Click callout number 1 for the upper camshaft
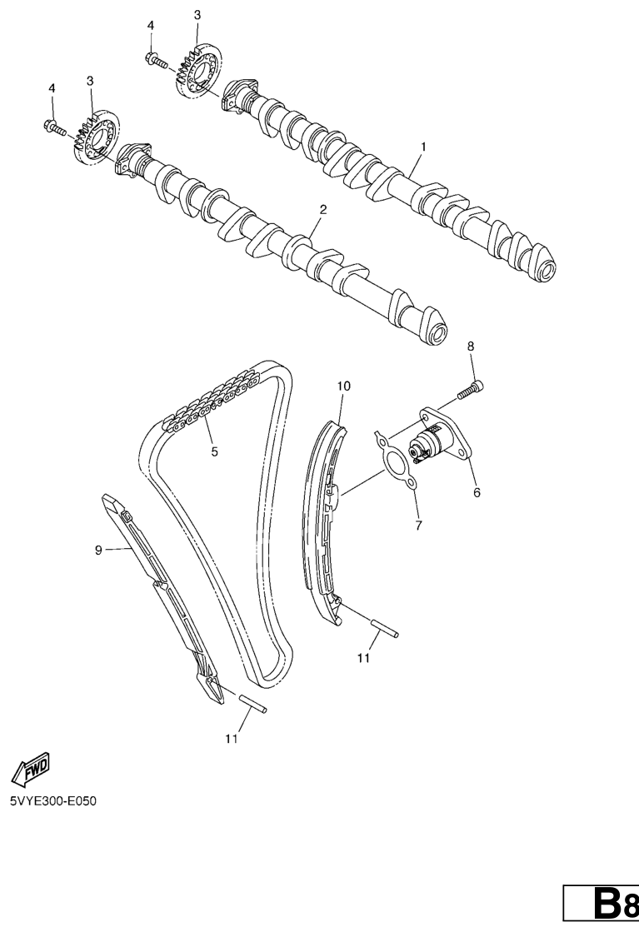coord(423,147)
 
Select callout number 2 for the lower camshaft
coord(323,209)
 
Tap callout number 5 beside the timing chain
coord(214,451)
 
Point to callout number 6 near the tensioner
coord(477,492)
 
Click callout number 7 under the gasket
coord(418,526)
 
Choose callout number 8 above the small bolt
coord(471,346)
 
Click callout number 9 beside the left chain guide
coord(98,551)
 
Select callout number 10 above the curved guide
coord(343,386)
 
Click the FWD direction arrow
coord(30,769)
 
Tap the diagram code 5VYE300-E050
coord(53,800)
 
